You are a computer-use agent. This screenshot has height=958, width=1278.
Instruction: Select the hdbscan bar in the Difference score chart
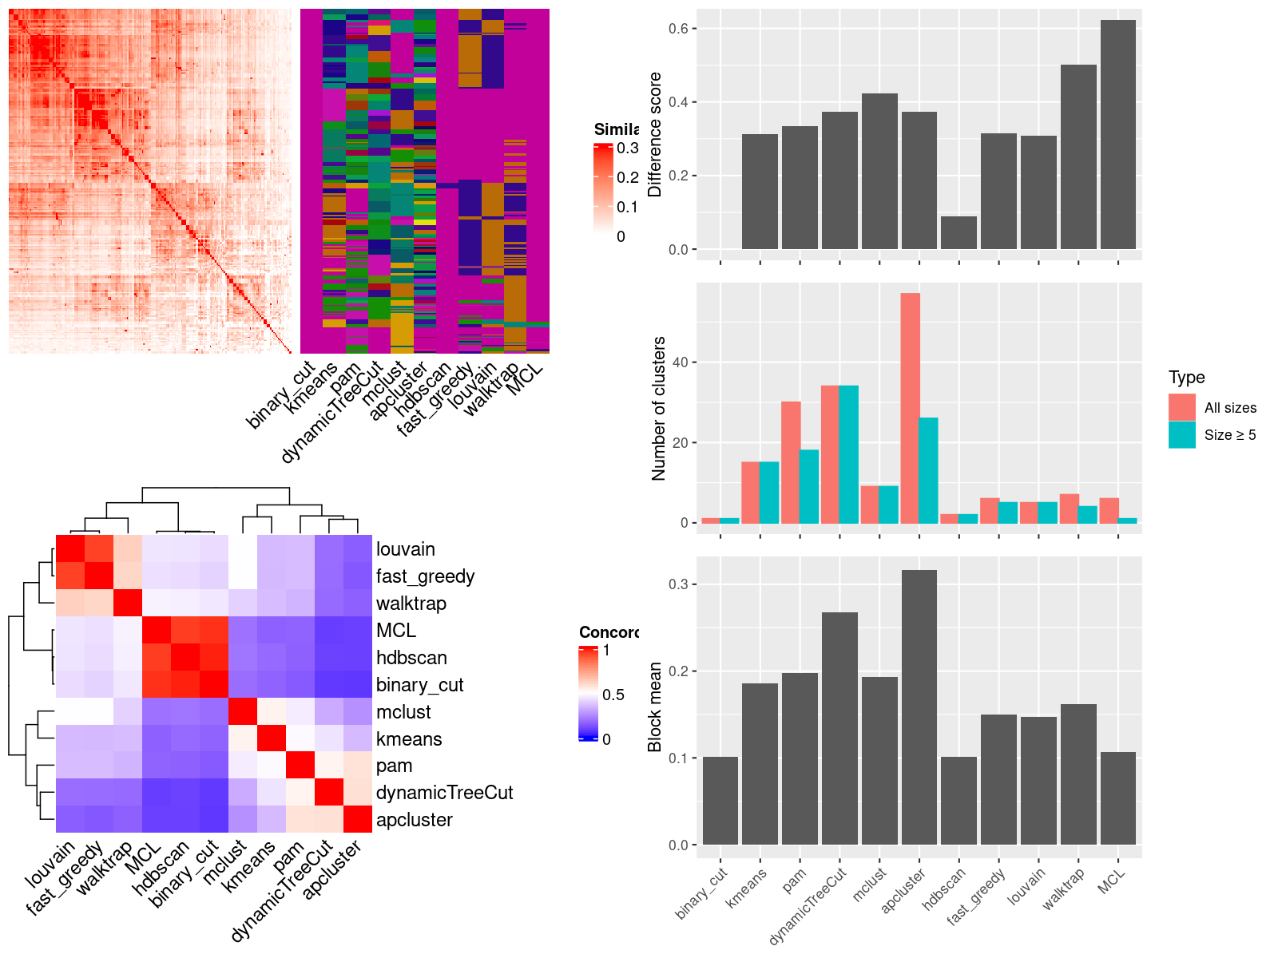coord(958,232)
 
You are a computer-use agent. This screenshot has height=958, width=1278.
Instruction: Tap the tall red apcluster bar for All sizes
coord(910,408)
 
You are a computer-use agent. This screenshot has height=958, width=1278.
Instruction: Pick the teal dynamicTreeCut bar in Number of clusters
coord(849,454)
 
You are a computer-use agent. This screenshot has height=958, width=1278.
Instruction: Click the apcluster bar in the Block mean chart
coord(919,707)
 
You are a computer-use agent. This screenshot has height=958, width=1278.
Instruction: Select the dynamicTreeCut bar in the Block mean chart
coord(839,728)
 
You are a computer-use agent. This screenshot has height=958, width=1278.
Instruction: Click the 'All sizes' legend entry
coord(1230,408)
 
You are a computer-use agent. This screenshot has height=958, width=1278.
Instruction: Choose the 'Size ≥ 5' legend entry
coord(1230,435)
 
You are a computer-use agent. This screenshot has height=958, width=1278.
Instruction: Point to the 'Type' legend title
coord(1186,378)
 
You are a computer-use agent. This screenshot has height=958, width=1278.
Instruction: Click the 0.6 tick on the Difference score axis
coord(678,29)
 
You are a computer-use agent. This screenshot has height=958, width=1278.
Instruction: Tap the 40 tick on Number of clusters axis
coord(680,362)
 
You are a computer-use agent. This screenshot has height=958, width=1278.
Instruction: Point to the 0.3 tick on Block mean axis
coord(678,584)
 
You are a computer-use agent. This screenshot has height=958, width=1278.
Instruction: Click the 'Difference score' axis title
coord(656,134)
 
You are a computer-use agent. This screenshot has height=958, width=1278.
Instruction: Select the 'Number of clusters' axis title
coord(659,408)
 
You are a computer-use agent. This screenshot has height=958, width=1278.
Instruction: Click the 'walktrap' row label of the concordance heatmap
coord(411,604)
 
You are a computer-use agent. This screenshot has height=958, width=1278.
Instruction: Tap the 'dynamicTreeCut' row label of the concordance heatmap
coord(444,793)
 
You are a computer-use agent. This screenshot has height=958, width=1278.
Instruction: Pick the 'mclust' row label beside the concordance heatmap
coord(403,712)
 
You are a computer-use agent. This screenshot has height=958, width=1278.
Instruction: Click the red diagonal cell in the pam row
coord(300,766)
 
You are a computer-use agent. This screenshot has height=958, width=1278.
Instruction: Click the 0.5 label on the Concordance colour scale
coord(613,695)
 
